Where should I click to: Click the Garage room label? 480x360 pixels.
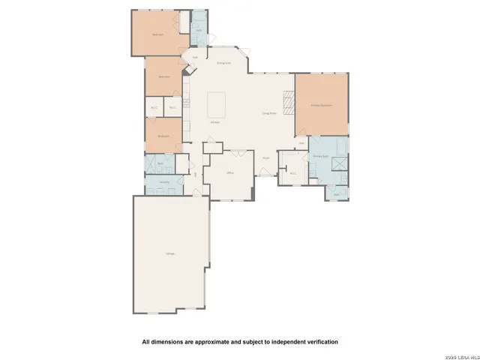click(170, 254)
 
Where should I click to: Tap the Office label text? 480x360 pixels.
click(230, 172)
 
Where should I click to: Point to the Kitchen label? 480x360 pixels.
click(214, 121)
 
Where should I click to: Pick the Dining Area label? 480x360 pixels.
click(223, 63)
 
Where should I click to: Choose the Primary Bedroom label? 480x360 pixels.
click(322, 106)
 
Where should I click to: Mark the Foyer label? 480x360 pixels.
click(266, 157)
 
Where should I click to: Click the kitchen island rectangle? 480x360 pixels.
click(217, 100)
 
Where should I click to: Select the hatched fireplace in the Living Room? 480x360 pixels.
click(289, 100)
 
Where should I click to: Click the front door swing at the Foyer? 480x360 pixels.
click(263, 173)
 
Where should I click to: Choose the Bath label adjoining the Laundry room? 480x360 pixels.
click(160, 163)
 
